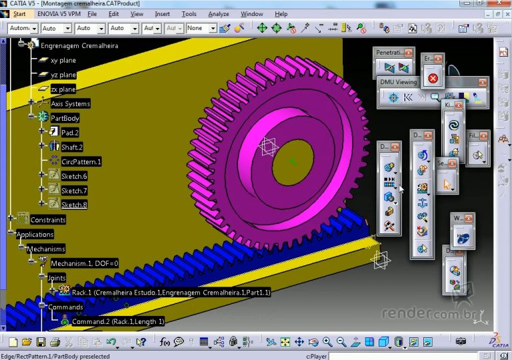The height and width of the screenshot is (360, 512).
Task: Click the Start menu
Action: [19, 13]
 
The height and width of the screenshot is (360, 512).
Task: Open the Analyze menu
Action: [218, 13]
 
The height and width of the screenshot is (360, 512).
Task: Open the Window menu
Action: [251, 13]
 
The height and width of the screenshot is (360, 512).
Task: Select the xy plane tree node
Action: [63, 61]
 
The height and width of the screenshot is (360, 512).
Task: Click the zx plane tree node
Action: [63, 89]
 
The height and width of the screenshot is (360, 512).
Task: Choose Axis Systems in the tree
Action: [70, 104]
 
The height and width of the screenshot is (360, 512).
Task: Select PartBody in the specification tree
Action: [65, 118]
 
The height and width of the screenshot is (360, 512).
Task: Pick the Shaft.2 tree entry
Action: [71, 147]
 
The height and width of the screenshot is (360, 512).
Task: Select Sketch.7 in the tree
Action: [74, 191]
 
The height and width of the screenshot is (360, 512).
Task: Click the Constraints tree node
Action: [48, 220]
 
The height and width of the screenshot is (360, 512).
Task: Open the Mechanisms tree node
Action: [46, 249]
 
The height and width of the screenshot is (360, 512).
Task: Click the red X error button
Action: [433, 78]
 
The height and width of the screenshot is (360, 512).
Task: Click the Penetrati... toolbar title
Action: [389, 53]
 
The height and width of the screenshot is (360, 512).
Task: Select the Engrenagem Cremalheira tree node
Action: [79, 46]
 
